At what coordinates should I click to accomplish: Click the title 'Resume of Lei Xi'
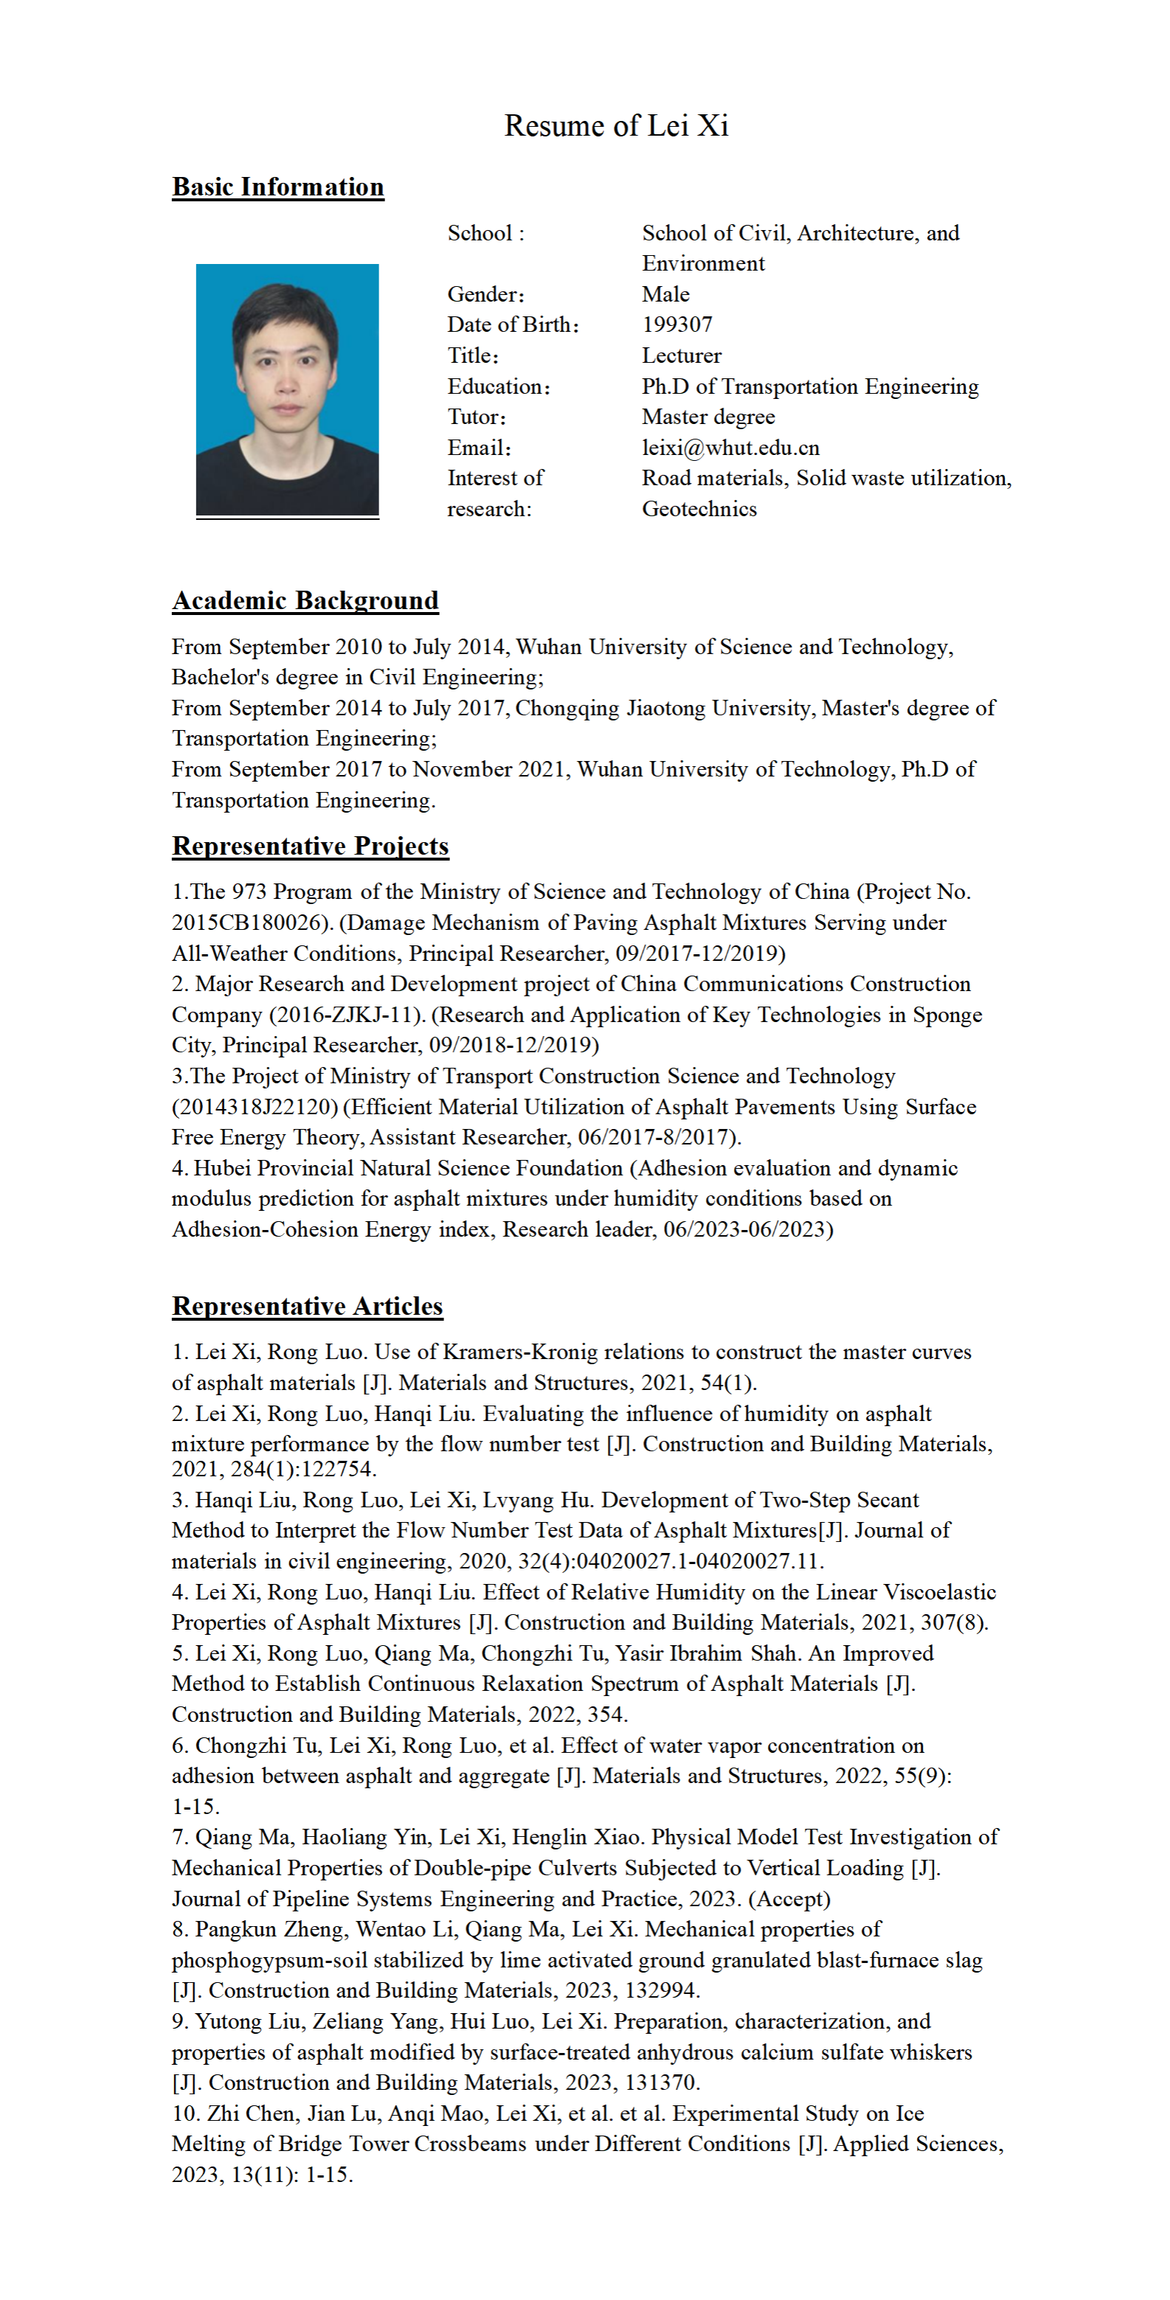pyautogui.click(x=616, y=126)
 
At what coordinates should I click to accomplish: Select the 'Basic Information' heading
pyautogui.click(x=278, y=187)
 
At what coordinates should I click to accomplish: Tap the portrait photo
pyautogui.click(x=287, y=389)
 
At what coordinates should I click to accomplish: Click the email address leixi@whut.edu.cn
pyautogui.click(x=730, y=448)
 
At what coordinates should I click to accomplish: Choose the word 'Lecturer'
pyautogui.click(x=681, y=355)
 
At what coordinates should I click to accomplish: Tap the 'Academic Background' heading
pyautogui.click(x=305, y=600)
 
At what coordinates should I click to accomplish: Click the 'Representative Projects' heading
pyautogui.click(x=310, y=846)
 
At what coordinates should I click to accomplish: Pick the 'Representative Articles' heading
pyautogui.click(x=307, y=1305)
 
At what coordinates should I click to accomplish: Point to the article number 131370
pyautogui.click(x=661, y=2082)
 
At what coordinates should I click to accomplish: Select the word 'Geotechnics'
pyautogui.click(x=699, y=509)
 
